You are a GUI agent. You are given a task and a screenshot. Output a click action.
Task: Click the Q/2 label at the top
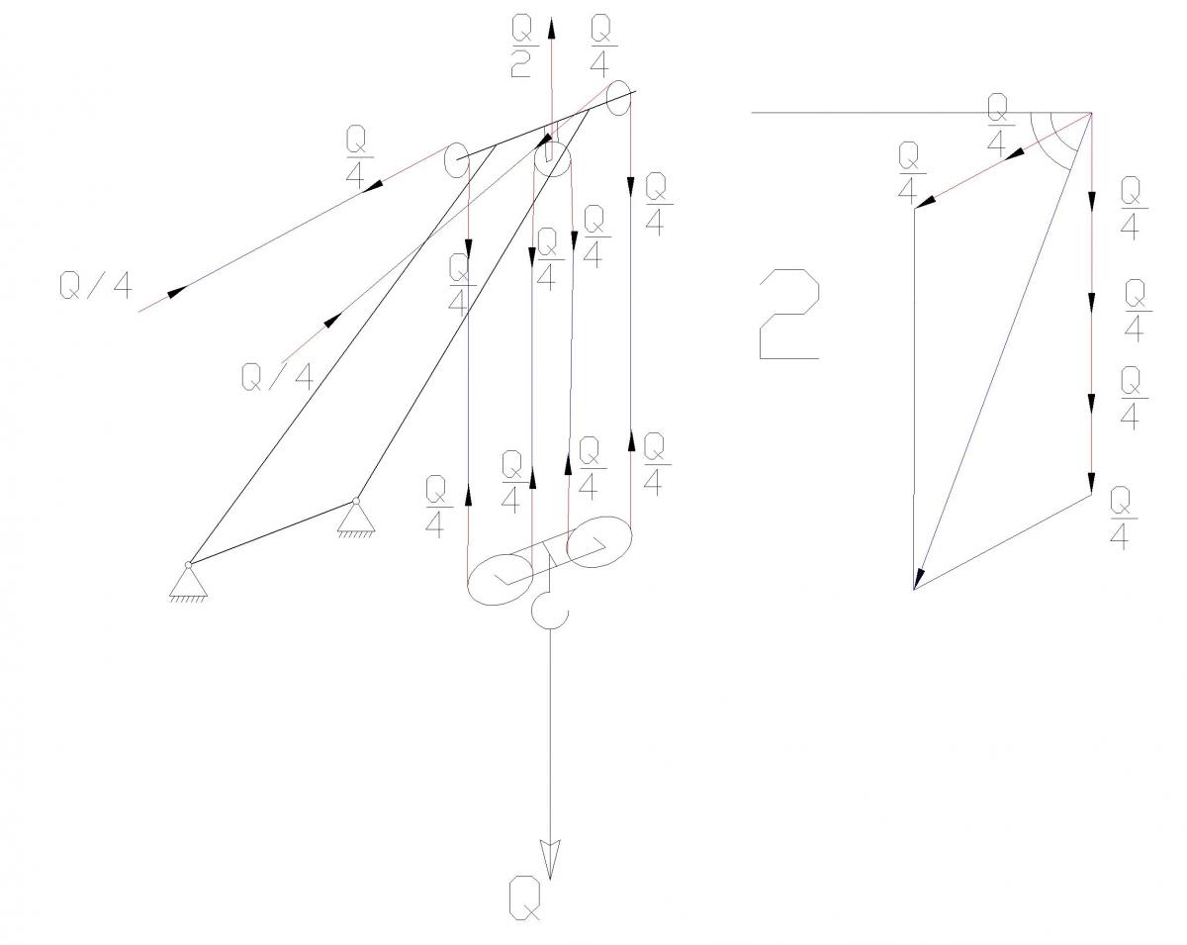(521, 46)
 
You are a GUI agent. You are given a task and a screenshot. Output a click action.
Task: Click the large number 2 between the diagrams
(788, 314)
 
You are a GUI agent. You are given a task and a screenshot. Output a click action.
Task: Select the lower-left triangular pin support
(188, 580)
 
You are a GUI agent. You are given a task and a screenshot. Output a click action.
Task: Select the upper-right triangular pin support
(356, 518)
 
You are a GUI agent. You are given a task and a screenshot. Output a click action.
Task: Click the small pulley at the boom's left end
(456, 160)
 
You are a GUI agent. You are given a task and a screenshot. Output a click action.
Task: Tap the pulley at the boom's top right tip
(618, 98)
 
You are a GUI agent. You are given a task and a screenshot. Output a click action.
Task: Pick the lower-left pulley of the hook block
(501, 580)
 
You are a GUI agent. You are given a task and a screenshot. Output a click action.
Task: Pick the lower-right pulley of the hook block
(599, 541)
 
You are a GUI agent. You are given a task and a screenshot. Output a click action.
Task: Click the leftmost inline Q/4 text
(96, 286)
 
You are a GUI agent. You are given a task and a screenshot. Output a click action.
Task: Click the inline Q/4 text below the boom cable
(278, 378)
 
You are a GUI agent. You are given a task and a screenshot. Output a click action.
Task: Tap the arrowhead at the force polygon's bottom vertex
(918, 579)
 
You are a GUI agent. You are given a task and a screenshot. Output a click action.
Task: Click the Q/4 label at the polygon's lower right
(1124, 518)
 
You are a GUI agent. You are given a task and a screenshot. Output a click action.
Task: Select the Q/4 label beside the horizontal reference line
(997, 125)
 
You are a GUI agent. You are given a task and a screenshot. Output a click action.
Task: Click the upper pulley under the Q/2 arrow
(552, 159)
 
